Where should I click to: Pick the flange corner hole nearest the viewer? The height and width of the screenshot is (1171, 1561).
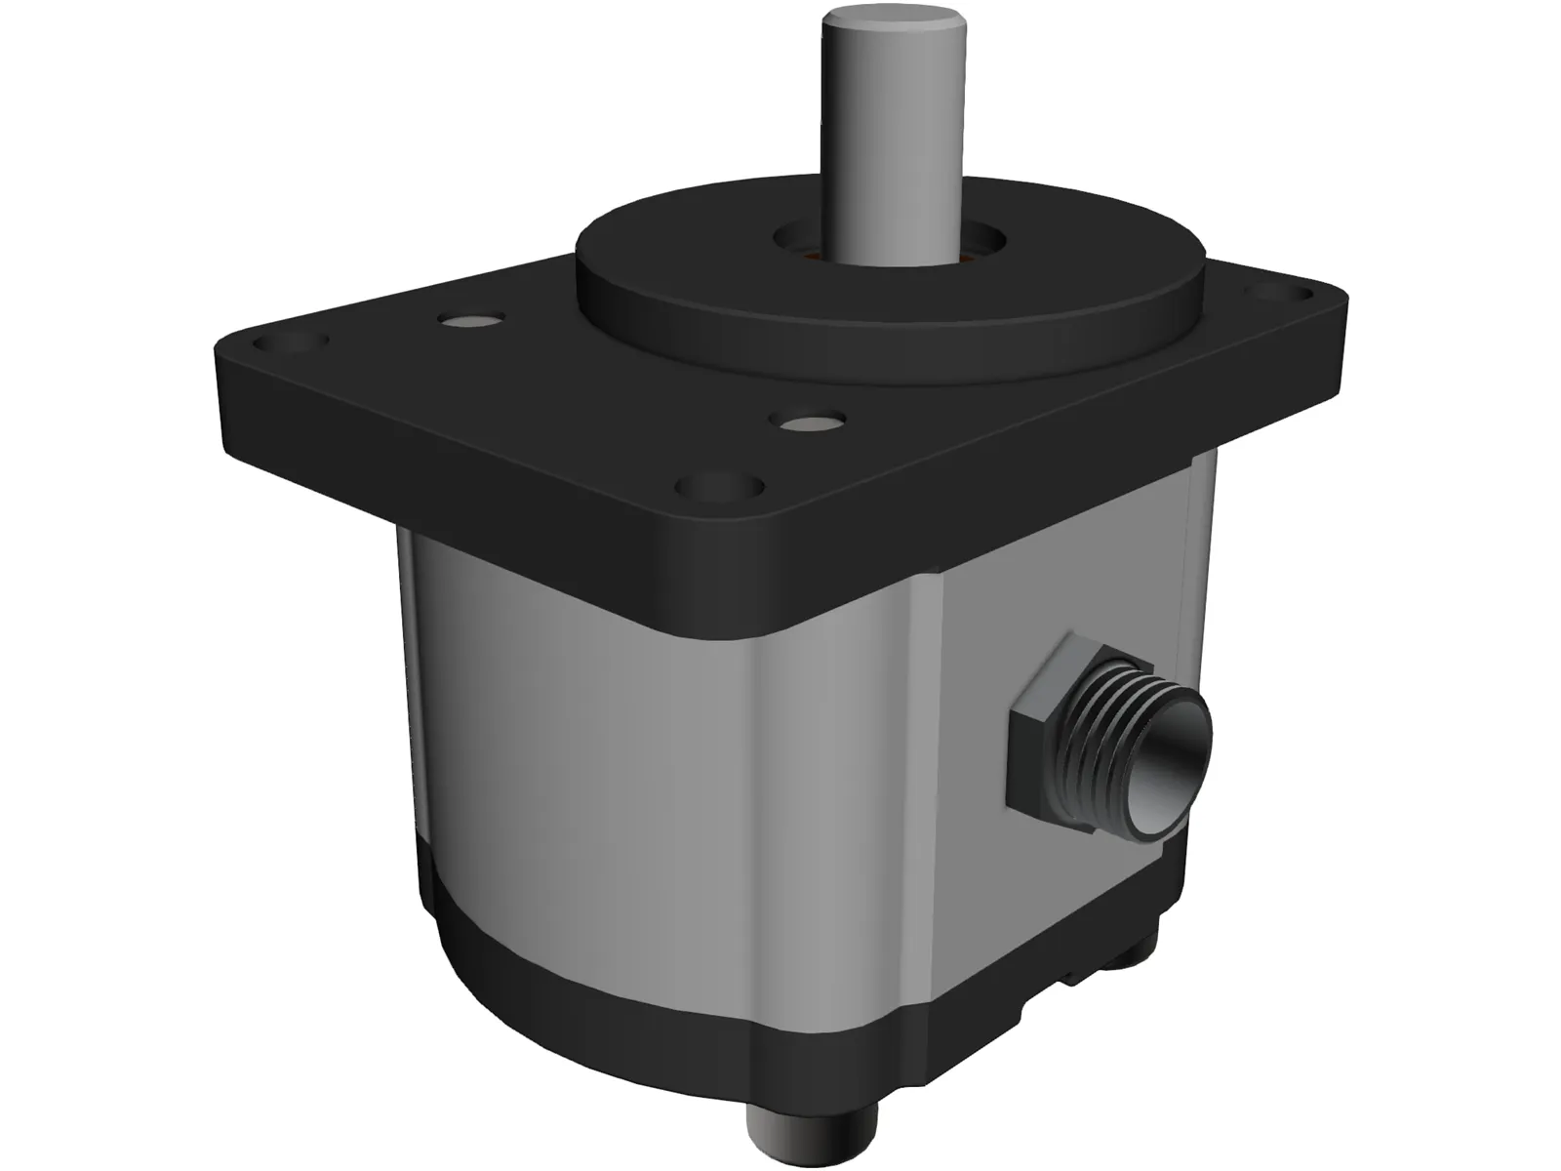720,485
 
